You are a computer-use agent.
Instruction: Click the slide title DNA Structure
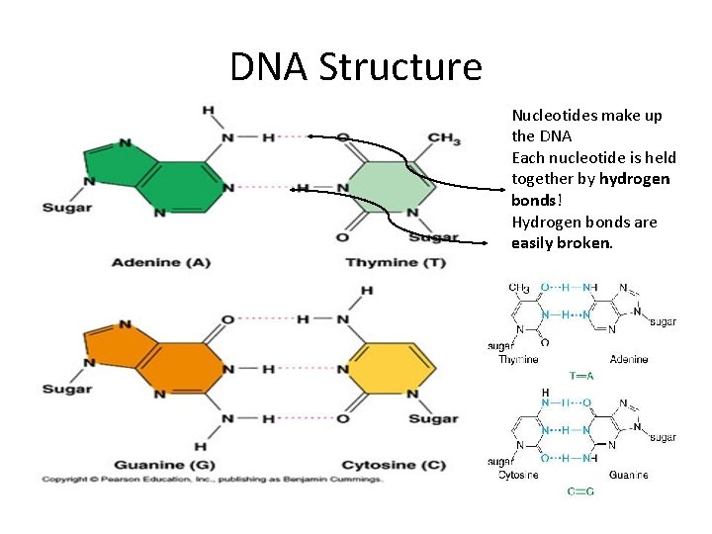[356, 67]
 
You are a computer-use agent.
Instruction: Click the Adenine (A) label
[160, 262]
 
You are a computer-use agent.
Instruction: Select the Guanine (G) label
[162, 465]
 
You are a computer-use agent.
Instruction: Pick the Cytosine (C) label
[393, 465]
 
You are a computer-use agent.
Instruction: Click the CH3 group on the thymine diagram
[444, 139]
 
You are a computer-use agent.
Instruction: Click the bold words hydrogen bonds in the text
[590, 188]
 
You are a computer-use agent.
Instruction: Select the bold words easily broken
[562, 242]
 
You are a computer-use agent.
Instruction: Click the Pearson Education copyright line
[212, 480]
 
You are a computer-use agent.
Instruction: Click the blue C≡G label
[580, 491]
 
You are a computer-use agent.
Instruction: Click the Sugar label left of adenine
[66, 207]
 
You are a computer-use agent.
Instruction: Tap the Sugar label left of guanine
[66, 389]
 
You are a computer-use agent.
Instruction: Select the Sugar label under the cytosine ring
[433, 418]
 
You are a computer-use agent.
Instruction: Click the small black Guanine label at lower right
[628, 476]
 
